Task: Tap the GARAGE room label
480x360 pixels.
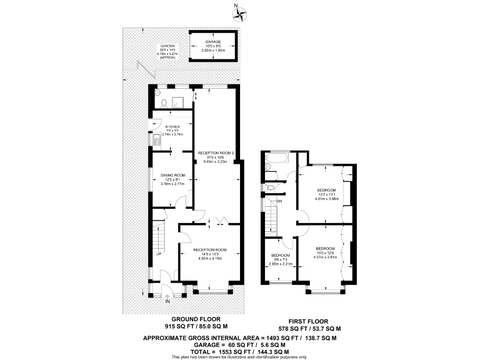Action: point(214,42)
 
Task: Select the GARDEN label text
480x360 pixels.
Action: point(167,46)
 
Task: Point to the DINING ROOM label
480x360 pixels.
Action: point(172,175)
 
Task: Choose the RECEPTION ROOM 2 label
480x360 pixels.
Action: point(216,152)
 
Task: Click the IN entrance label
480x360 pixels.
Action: point(167,301)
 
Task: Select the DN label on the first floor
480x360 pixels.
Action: point(279,201)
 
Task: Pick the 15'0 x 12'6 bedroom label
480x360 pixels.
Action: point(326,252)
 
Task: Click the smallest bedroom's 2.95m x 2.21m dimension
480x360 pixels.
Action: point(280,264)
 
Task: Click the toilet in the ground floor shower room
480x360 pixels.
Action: point(162,102)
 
